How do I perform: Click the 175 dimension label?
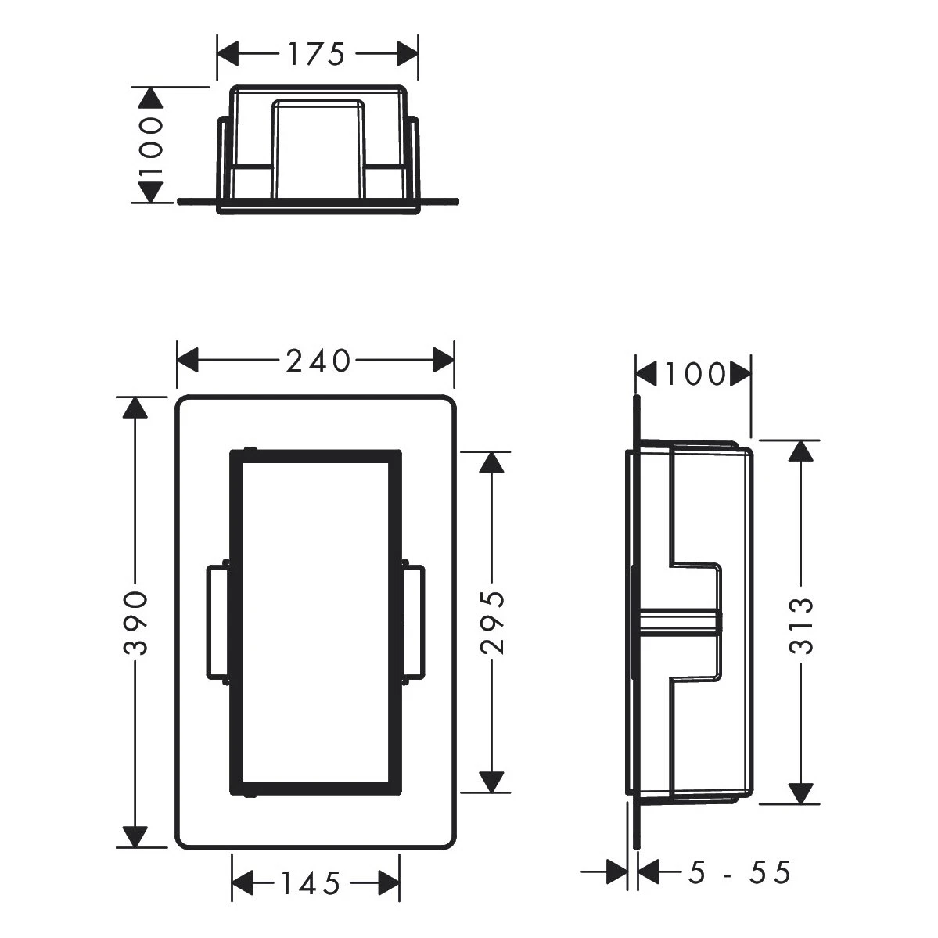point(316,54)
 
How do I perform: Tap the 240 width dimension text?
point(317,361)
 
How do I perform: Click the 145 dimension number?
point(311,884)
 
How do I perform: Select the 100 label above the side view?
point(694,375)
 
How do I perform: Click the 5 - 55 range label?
point(740,872)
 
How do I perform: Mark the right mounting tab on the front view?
point(413,623)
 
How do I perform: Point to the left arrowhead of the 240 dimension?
point(189,361)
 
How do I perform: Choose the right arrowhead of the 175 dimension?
point(407,54)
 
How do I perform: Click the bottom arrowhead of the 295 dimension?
point(491,782)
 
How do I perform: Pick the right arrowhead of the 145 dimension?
point(389,884)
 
